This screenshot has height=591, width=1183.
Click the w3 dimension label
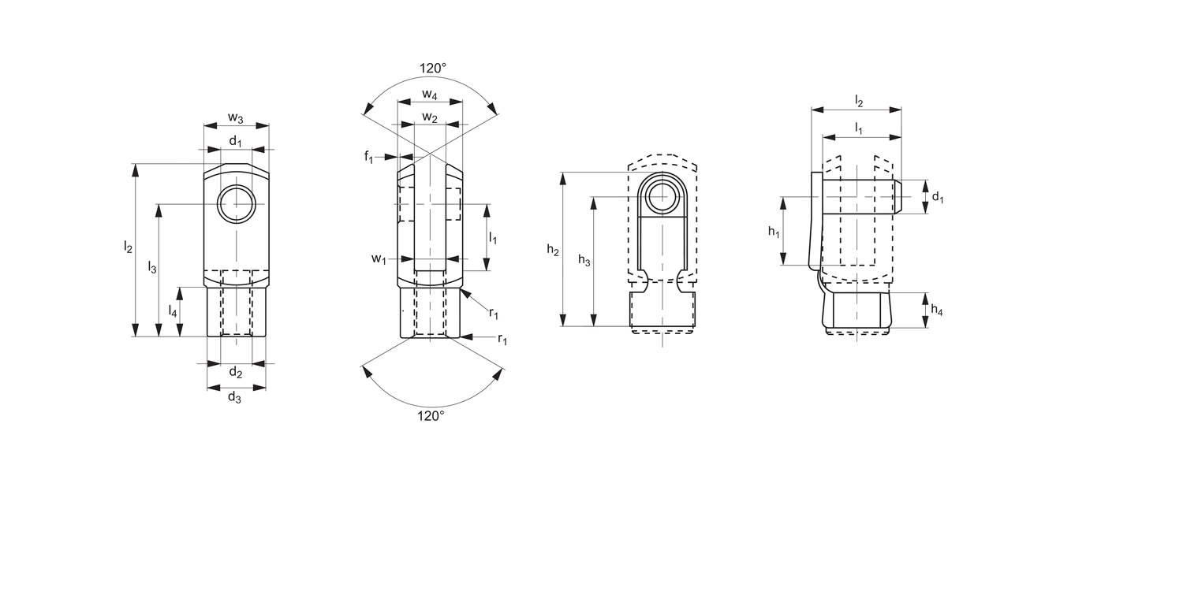click(x=236, y=118)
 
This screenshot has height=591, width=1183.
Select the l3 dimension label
click(x=152, y=268)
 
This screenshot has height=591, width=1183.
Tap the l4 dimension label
click(x=173, y=310)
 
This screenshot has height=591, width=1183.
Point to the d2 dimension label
click(x=235, y=372)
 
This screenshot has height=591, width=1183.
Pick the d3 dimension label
click(x=235, y=397)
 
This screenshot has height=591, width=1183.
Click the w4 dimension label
click(x=430, y=95)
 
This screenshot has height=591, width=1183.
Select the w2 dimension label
click(x=430, y=117)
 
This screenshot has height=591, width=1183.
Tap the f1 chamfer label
click(x=369, y=157)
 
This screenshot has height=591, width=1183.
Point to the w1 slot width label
click(x=379, y=258)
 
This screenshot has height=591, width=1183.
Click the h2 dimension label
click(x=553, y=250)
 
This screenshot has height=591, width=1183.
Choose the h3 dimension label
click(x=584, y=260)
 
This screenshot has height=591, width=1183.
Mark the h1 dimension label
click(x=774, y=231)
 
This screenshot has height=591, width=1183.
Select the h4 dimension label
click(x=936, y=310)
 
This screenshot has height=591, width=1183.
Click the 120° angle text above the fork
click(x=432, y=69)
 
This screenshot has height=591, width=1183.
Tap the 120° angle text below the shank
click(x=431, y=415)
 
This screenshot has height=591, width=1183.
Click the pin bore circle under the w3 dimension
click(x=236, y=204)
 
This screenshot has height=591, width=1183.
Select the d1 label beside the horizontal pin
click(x=937, y=197)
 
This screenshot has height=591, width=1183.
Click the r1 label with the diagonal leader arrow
click(x=494, y=314)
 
